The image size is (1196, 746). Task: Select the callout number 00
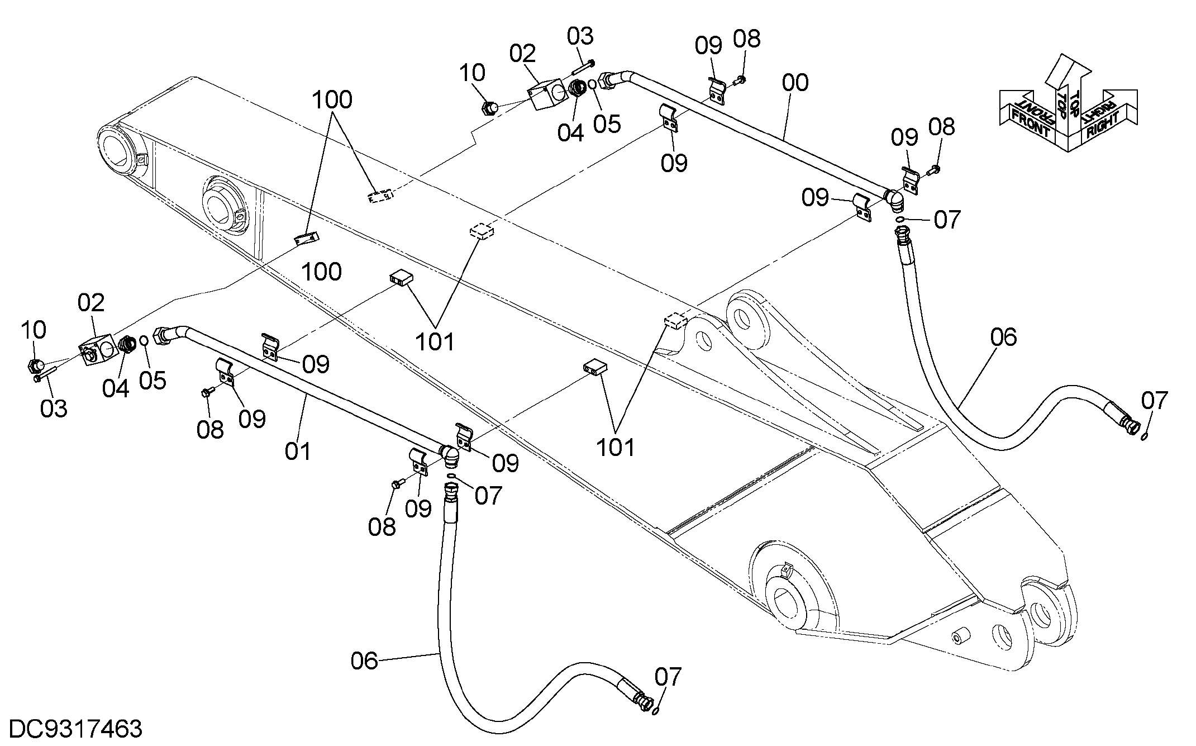(x=795, y=83)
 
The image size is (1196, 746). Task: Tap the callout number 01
(x=298, y=451)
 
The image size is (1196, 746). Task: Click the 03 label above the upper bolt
(x=580, y=36)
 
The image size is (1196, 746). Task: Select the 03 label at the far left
(x=54, y=408)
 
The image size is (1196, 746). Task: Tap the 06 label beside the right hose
(x=1003, y=338)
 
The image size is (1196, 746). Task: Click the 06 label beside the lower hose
(x=364, y=661)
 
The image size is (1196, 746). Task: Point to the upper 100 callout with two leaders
(x=332, y=100)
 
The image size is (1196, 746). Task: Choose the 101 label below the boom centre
(x=435, y=341)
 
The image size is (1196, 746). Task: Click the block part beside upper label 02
(x=545, y=97)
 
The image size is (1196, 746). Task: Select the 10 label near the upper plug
(x=473, y=73)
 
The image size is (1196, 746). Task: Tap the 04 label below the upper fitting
(x=570, y=133)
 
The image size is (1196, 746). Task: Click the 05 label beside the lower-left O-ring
(x=153, y=381)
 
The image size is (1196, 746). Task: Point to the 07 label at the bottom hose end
(x=668, y=677)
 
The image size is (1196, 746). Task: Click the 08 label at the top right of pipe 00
(x=747, y=39)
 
